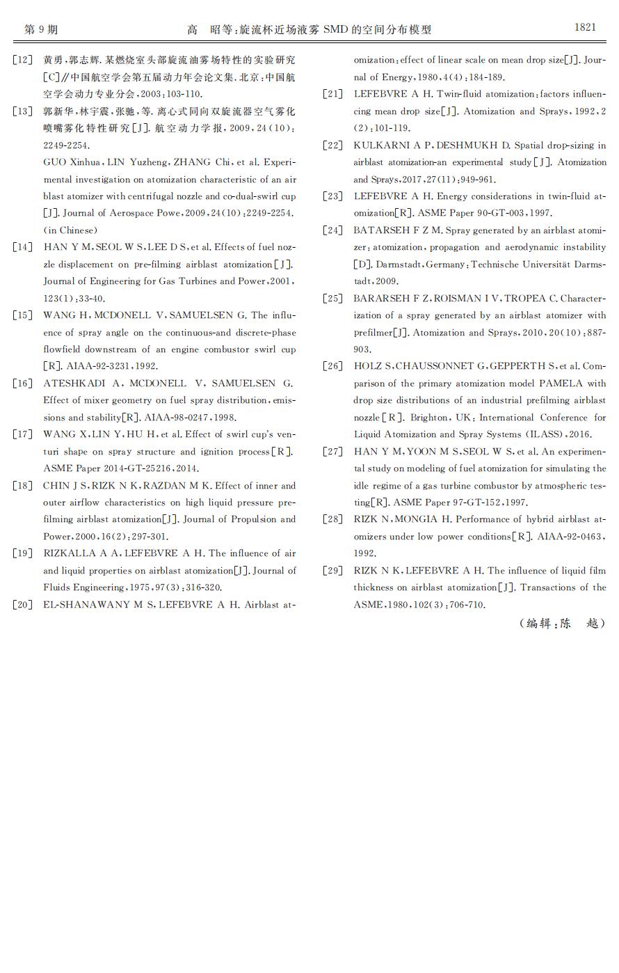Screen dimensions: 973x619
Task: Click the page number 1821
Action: [x=585, y=27]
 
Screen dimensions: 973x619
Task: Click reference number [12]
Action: [x=22, y=60]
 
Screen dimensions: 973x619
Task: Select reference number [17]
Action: [x=22, y=434]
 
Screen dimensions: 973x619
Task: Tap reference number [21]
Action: [x=333, y=94]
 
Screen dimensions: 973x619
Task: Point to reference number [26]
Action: [x=333, y=366]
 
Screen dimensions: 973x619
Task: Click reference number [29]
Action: [x=333, y=571]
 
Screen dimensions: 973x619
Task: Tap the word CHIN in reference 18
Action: [x=56, y=486]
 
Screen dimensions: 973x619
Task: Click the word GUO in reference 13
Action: [x=54, y=162]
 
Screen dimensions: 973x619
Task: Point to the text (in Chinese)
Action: [x=70, y=230]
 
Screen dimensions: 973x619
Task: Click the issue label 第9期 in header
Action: [x=40, y=29]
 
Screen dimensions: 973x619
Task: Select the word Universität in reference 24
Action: [x=540, y=264]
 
